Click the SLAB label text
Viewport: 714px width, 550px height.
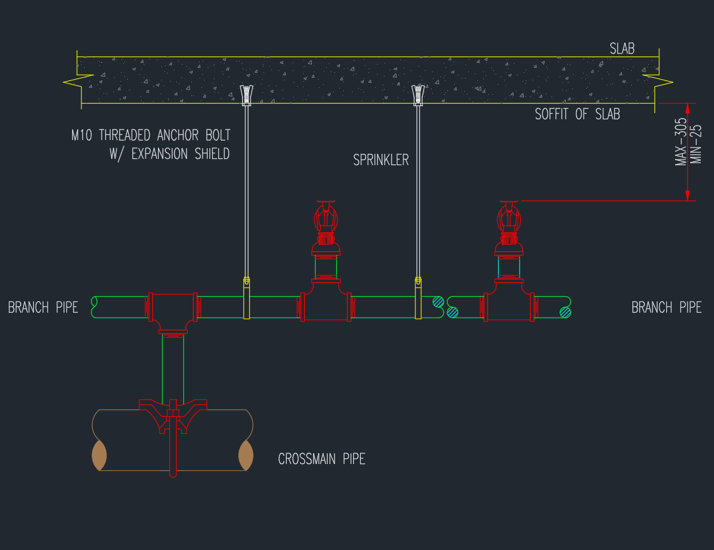pos(622,49)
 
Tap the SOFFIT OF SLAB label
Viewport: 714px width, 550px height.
pos(577,114)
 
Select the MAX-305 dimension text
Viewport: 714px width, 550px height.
pos(681,142)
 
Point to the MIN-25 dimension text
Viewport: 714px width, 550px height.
pos(696,144)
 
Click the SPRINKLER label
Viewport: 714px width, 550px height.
pos(381,160)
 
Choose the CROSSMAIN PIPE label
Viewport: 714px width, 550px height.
pos(321,459)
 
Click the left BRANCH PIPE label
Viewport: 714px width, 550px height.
pos(43,307)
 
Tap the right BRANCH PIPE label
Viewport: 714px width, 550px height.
pos(666,307)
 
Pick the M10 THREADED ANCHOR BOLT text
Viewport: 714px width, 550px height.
pos(151,135)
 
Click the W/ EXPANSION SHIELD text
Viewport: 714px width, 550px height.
pos(169,154)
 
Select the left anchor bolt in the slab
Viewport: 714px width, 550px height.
pos(247,95)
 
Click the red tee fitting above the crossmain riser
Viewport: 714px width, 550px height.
pos(173,311)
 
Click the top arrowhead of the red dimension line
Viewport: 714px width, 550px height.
pos(688,107)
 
